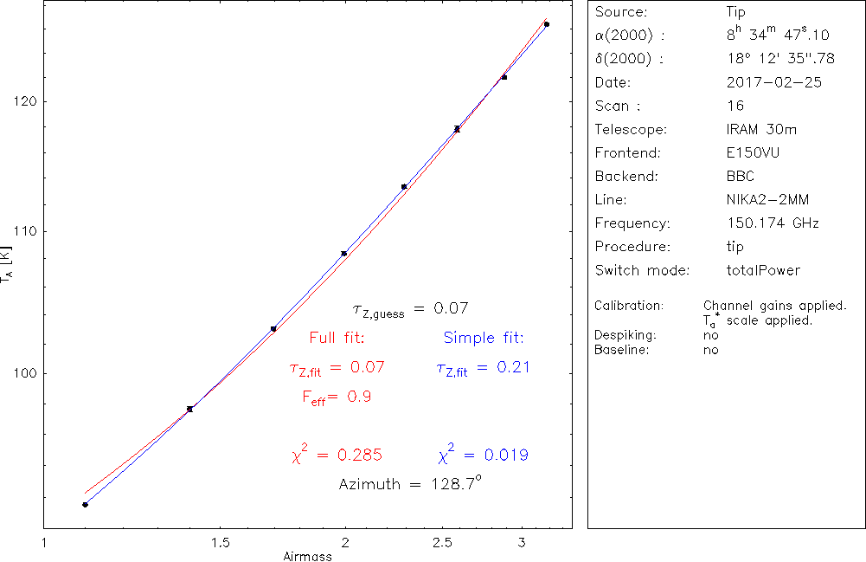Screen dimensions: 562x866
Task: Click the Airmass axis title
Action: [307, 556]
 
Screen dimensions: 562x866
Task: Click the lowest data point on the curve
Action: [85, 504]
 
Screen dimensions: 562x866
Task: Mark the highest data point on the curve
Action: [547, 24]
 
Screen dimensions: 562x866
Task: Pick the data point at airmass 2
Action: [344, 253]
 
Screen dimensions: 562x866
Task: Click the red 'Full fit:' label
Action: [337, 338]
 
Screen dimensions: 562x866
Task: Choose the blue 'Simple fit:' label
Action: [484, 338]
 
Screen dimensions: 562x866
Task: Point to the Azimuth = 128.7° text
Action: [410, 484]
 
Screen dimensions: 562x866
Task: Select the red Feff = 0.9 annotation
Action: [337, 397]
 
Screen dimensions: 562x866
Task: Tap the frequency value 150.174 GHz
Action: [773, 223]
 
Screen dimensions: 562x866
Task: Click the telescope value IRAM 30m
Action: [762, 130]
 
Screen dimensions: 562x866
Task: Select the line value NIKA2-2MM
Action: [768, 200]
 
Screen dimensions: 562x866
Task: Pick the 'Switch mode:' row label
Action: [642, 270]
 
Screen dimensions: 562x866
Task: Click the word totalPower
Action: [764, 270]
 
